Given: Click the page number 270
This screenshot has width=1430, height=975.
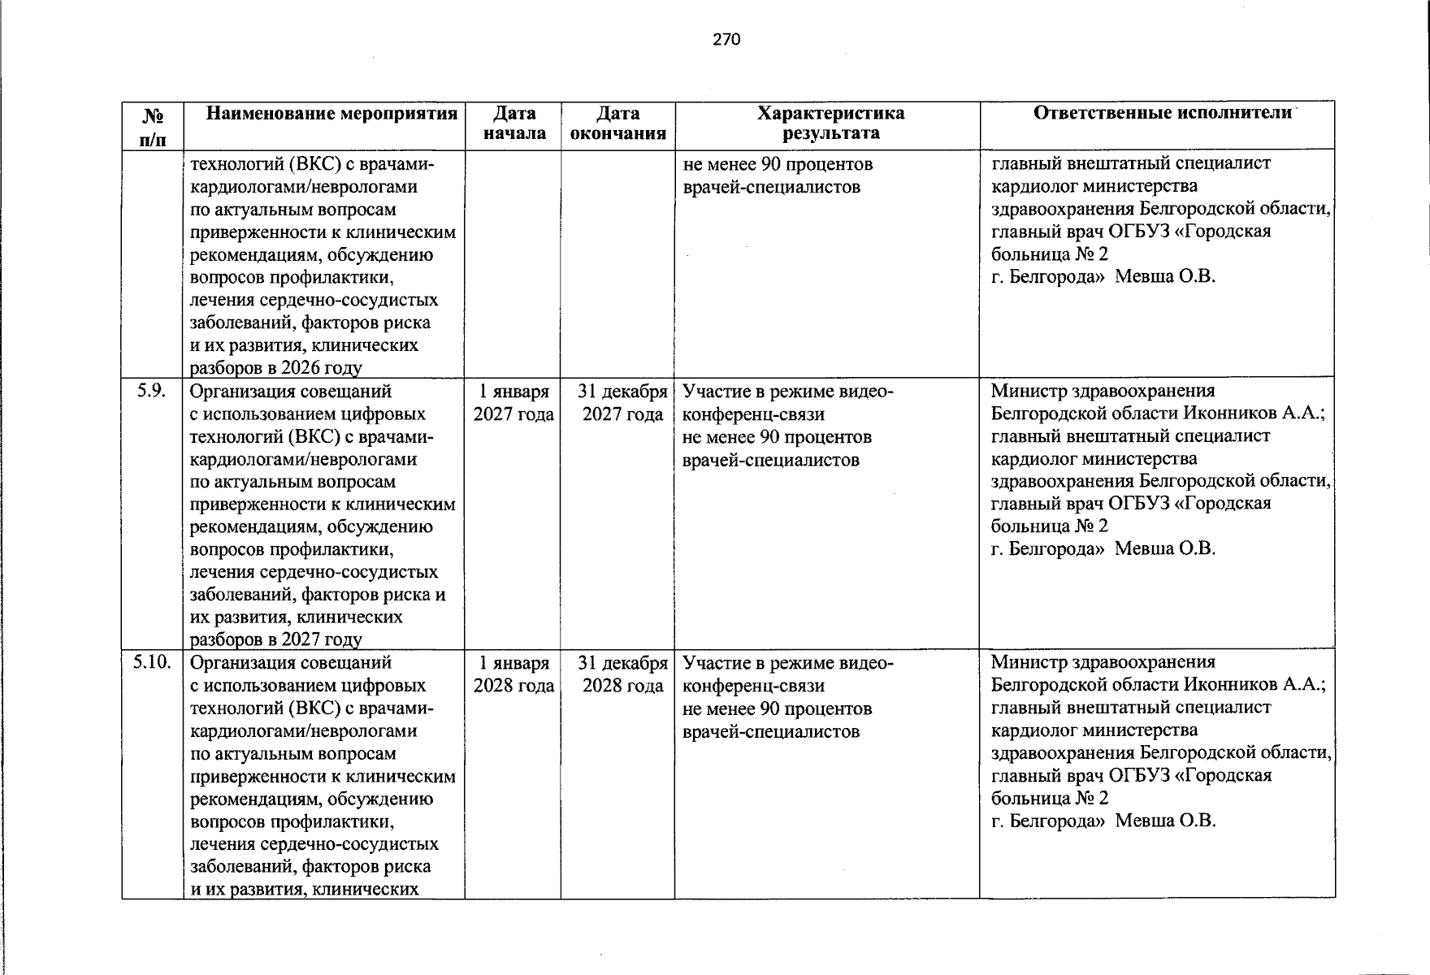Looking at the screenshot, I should (726, 39).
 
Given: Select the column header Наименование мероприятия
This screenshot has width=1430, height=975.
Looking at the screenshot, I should (331, 114).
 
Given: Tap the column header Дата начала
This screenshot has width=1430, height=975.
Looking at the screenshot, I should (514, 123).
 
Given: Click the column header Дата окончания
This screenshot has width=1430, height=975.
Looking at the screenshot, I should (617, 123).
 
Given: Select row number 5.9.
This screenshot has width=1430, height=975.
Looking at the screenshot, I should (152, 391).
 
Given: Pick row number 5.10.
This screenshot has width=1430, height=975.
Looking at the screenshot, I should (152, 663).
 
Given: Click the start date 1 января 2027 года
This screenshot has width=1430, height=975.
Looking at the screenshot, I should (513, 403).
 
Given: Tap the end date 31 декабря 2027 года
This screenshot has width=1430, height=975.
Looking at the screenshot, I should (622, 403).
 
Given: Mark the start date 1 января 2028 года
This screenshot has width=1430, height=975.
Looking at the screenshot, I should (513, 674).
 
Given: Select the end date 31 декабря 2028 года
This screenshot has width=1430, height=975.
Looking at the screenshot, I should (622, 674).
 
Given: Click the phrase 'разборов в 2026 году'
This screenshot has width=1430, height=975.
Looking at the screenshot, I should (275, 368).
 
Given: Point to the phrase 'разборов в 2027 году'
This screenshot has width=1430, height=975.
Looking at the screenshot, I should (275, 640).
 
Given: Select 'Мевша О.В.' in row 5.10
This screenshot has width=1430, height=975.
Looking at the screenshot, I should (1165, 821).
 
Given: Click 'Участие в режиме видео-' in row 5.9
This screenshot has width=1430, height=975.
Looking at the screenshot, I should (787, 392).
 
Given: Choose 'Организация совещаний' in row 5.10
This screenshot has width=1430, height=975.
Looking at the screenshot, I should (291, 663).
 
